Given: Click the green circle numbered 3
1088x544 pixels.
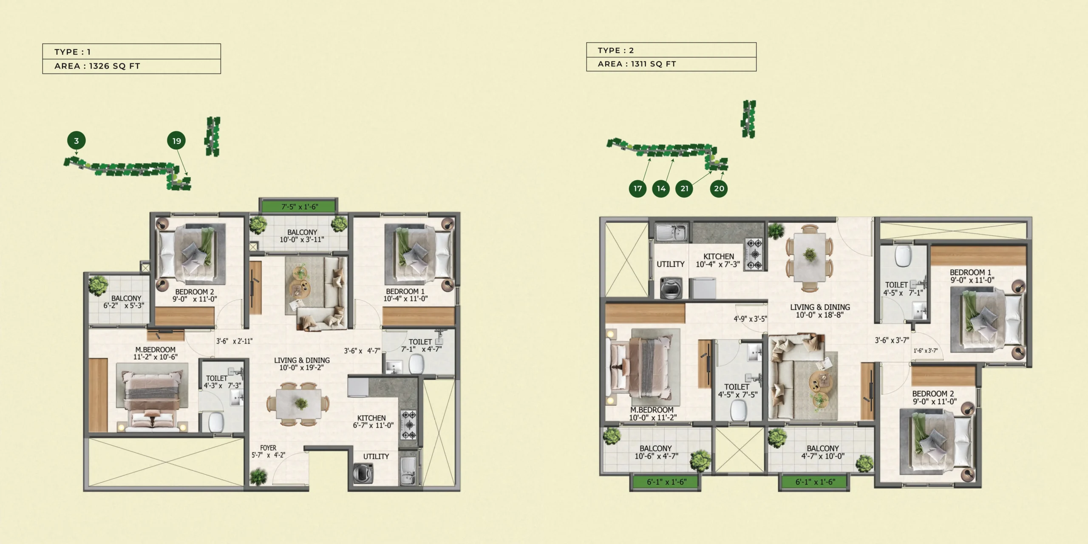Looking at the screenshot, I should [76, 141].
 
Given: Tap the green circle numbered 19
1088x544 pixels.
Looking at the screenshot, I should [177, 141].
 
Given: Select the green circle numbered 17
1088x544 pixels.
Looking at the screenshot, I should [637, 188].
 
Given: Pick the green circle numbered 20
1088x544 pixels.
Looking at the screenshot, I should [719, 188].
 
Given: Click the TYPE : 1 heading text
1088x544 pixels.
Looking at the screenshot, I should [72, 52].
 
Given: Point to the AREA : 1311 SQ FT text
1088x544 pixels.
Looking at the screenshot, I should [636, 64].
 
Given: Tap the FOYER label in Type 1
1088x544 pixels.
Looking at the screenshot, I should [268, 448].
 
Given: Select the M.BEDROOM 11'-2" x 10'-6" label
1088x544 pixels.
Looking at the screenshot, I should [155, 353].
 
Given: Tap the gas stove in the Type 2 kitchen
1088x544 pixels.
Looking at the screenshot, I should [755, 254].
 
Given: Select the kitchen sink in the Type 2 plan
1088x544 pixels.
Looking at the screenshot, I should [671, 232].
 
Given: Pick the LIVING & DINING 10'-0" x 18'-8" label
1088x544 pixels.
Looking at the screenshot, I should [820, 311].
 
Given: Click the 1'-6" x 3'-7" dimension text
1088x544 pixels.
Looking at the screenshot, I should [925, 351].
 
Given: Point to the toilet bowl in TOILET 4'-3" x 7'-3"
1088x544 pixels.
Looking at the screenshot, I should [216, 422].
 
